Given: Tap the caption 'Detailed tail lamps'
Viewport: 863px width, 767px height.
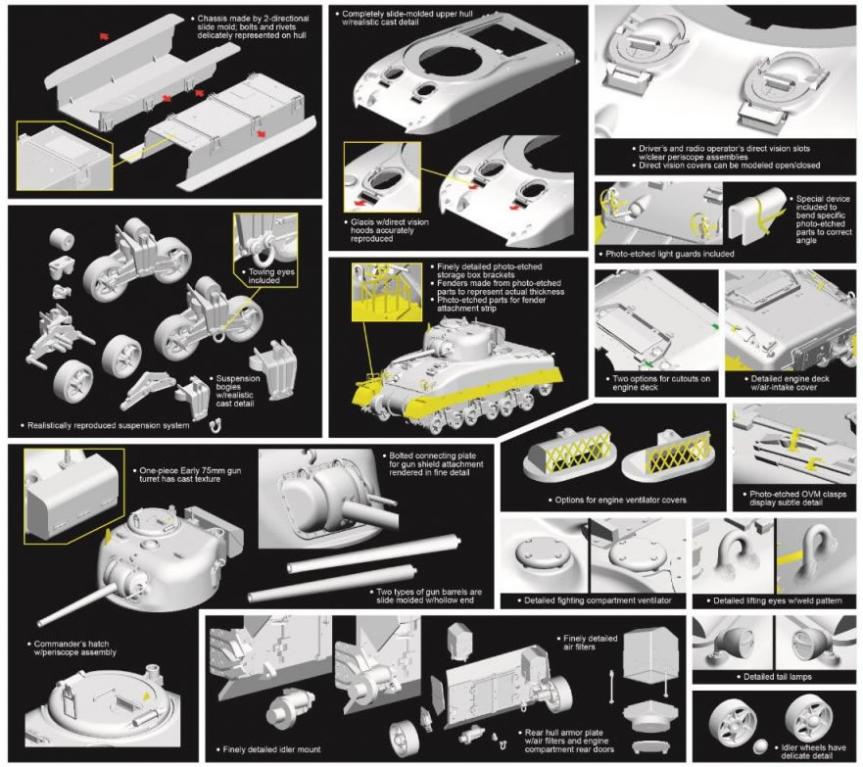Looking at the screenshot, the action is pos(777,677).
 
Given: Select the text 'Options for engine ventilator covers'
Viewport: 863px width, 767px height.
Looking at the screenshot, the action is pos(620,501).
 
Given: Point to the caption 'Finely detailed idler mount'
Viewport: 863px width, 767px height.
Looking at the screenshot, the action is pos(272,749).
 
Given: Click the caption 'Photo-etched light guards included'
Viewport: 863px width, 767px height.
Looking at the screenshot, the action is pos(670,255).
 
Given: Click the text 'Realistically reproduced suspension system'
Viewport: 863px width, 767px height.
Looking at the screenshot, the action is pos(109,426).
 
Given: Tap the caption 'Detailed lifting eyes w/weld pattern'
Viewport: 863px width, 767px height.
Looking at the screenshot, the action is pos(777,600).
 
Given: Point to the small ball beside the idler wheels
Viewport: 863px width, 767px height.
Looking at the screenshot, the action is pos(760,746).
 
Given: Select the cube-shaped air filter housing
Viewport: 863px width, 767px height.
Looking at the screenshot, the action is pos(650,654).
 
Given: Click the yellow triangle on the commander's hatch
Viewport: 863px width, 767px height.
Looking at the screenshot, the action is pos(146,696).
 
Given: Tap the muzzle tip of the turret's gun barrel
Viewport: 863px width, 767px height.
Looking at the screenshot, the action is pos(40,623).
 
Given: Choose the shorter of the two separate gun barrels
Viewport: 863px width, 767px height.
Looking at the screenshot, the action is pos(332,586).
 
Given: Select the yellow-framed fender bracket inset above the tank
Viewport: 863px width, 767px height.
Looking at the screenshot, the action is pos(386,292).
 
